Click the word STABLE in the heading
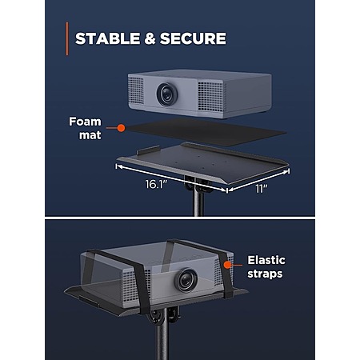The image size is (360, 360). point(107,38)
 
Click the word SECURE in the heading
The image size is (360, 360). point(193,38)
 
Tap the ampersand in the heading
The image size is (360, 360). point(150,38)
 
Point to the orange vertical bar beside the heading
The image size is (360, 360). point(67,38)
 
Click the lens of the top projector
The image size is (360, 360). point(167,94)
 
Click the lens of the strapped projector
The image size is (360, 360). point(186,280)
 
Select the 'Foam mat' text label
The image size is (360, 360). point(86,128)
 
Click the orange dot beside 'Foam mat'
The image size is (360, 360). point(121,128)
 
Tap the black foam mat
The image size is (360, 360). point(206,132)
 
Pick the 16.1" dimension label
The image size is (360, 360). point(156,184)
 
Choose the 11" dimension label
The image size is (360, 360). point(262,189)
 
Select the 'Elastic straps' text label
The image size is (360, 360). point(266,267)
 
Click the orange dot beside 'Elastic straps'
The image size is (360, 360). point(227,265)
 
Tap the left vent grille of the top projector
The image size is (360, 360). point(136,90)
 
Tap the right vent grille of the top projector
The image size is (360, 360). point(210,96)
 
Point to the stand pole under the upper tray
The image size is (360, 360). point(198,202)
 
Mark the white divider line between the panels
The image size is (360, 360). point(180,218)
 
